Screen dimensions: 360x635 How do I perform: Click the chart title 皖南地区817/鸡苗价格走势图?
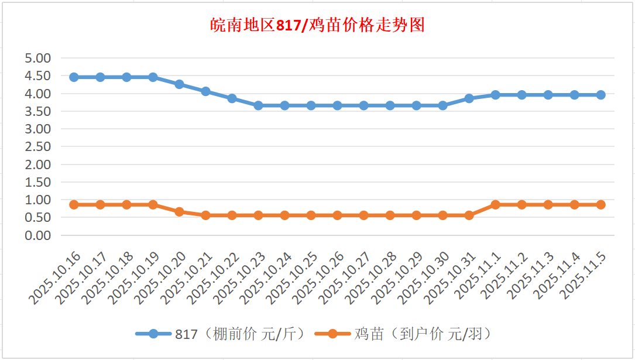click(317, 25)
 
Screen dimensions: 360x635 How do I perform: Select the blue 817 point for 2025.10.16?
click(74, 77)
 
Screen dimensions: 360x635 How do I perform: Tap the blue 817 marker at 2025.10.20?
click(179, 84)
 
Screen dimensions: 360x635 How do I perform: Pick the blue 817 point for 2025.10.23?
click(258, 105)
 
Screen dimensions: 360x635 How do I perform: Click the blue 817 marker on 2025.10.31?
click(469, 98)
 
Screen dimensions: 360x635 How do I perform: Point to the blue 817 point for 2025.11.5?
click(600, 95)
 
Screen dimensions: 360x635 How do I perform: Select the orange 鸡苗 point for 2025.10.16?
click(74, 205)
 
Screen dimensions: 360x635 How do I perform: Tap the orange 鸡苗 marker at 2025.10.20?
click(179, 212)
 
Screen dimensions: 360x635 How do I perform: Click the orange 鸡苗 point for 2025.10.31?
click(469, 215)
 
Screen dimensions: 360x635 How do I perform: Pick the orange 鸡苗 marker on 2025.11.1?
click(495, 205)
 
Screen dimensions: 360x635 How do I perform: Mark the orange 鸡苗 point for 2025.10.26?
click(337, 215)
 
